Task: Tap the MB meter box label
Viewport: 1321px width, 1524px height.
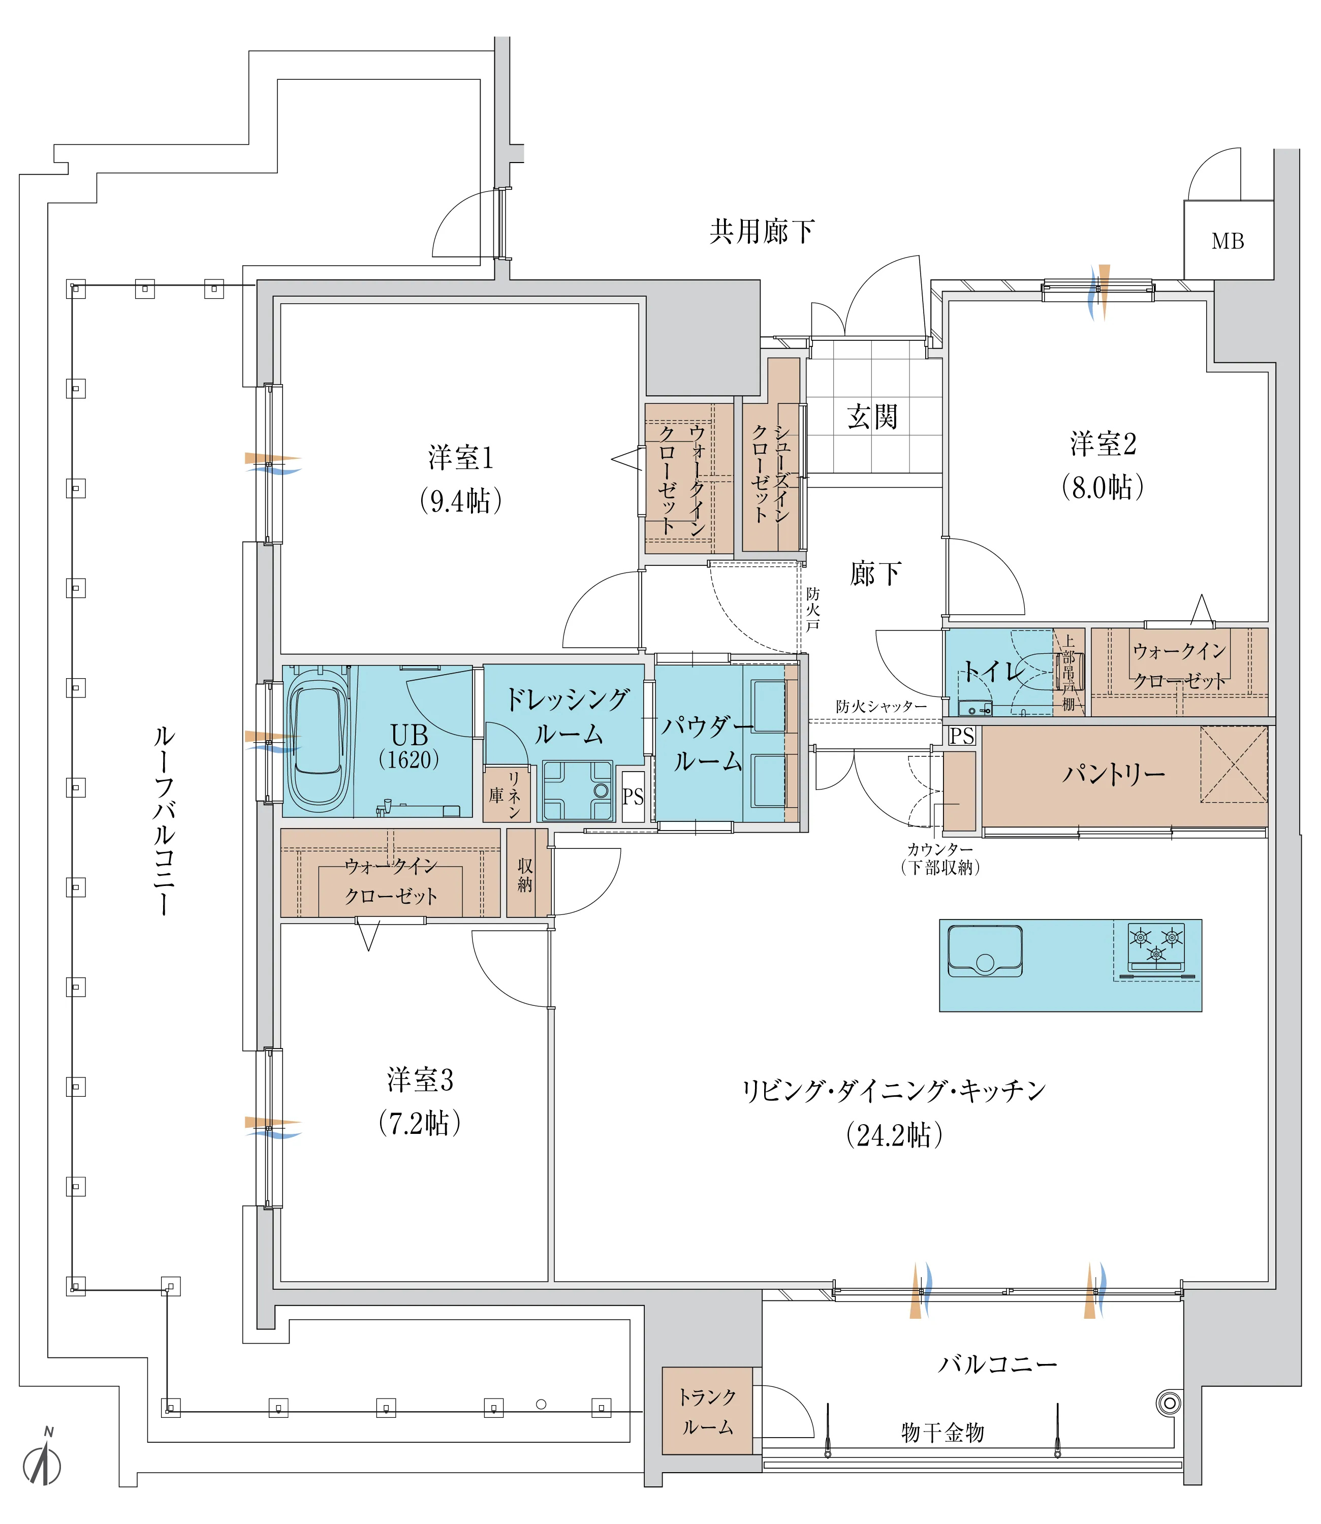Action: tap(1228, 241)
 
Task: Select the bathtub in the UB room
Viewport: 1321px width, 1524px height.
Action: tap(318, 739)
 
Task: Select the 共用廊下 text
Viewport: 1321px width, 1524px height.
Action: tap(762, 232)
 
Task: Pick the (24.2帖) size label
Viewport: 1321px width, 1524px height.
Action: tap(894, 1135)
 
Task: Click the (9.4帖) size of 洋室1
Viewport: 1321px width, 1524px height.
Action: tap(461, 501)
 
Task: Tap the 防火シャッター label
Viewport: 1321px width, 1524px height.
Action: tap(881, 706)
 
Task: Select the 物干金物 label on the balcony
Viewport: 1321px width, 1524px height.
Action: tap(943, 1433)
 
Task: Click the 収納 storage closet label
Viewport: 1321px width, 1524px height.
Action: tap(525, 875)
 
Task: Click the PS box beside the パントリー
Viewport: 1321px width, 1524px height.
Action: tap(962, 736)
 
